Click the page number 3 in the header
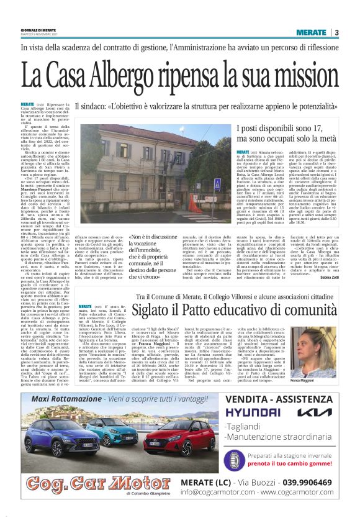[x=336, y=32]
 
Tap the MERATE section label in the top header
[x=311, y=32]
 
